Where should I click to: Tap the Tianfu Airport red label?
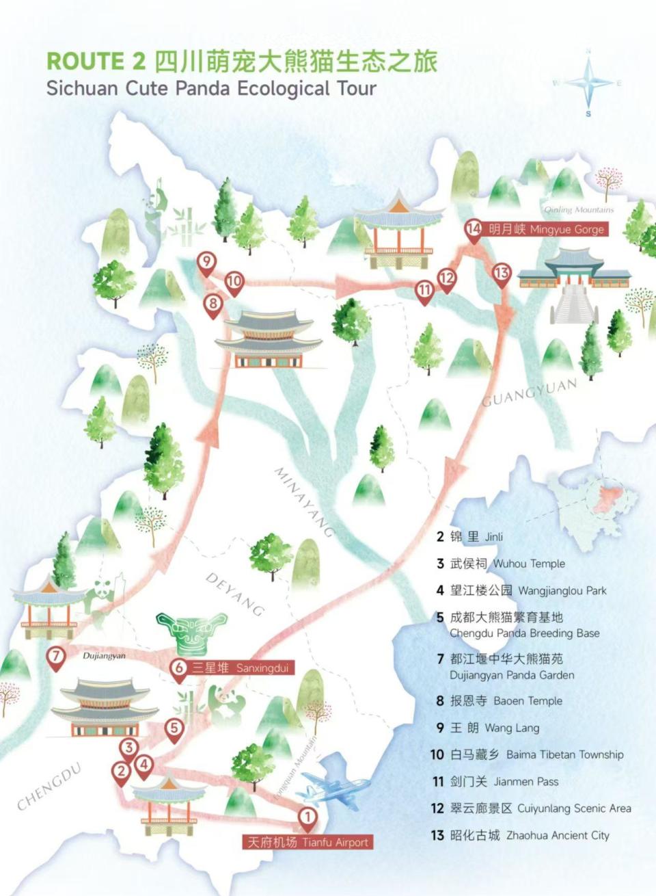tap(308, 842)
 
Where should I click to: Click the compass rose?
tap(588, 83)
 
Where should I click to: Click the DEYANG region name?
tap(234, 594)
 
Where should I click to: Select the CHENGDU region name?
tap(49, 787)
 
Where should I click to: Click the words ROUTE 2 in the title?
tap(96, 62)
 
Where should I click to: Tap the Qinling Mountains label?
tap(579, 209)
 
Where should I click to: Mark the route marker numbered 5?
tap(175, 728)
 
